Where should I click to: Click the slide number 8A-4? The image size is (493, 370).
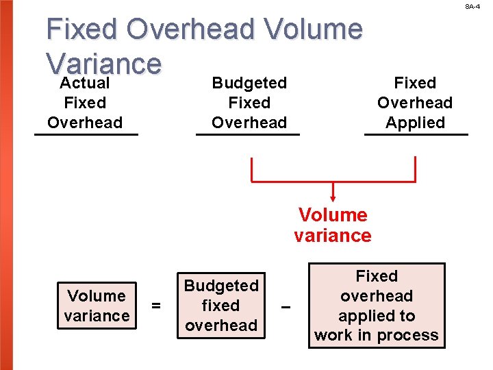click(472, 6)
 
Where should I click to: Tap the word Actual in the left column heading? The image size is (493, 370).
click(85, 84)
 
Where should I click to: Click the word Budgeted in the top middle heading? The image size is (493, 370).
click(249, 83)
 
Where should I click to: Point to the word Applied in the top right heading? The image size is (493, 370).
click(415, 123)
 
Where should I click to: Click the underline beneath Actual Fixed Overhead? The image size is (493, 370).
click(86, 134)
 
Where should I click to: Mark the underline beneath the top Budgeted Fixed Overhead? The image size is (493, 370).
click(248, 134)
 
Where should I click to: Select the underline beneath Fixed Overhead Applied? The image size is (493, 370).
click(416, 134)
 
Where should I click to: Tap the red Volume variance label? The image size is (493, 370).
click(333, 225)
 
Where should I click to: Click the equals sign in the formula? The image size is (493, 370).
click(157, 306)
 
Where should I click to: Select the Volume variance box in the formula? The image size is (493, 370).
click(97, 306)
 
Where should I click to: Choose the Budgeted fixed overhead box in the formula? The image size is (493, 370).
click(221, 306)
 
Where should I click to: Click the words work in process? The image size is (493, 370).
click(377, 335)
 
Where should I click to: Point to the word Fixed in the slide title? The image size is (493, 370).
click(82, 29)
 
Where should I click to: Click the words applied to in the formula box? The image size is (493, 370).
click(377, 316)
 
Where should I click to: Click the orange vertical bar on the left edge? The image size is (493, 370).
click(8, 185)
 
